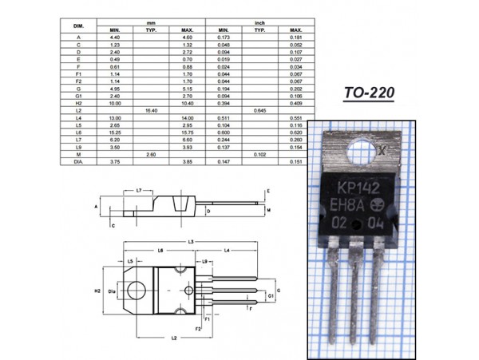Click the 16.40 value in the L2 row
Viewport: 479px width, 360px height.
pyautogui.click(x=149, y=110)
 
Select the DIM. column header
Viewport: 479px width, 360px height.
pyautogui.click(x=77, y=27)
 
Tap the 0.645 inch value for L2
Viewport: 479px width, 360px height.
pyautogui.click(x=259, y=110)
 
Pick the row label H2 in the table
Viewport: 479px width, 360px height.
pyautogui.click(x=78, y=103)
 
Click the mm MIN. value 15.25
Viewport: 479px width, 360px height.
pyautogui.click(x=114, y=132)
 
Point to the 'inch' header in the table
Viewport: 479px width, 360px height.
pyautogui.click(x=260, y=23)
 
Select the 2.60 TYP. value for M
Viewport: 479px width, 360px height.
pyautogui.click(x=149, y=153)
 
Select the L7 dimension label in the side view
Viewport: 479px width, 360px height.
pyautogui.click(x=139, y=191)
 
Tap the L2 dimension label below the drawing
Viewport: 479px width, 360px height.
pyautogui.click(x=173, y=338)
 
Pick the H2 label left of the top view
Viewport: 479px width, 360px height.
pyautogui.click(x=97, y=290)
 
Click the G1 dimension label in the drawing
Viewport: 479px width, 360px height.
pyautogui.click(x=271, y=295)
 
